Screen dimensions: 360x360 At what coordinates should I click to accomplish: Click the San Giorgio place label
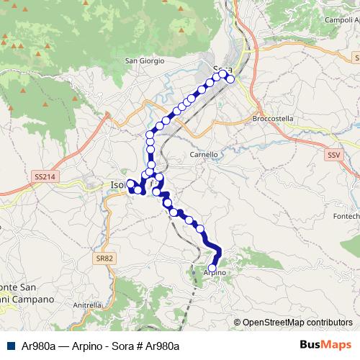coord(145,60)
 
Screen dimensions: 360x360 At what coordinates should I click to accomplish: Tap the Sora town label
coord(222,69)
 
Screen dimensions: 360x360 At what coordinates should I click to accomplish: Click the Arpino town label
coord(215,274)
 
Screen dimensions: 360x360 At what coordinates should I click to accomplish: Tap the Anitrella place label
coord(87,305)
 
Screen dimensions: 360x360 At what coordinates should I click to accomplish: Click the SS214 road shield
coord(43,176)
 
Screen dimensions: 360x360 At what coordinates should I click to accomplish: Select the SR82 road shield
coord(106,258)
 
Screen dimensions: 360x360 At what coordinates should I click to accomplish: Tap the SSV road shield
coord(333,155)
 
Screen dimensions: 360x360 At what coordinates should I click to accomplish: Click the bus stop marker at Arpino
coord(212,268)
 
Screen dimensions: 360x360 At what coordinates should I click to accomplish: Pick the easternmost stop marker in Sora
coord(230,79)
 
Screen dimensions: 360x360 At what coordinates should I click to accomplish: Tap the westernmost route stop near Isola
coord(130,183)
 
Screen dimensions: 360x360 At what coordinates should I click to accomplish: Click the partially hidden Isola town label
coord(117,185)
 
